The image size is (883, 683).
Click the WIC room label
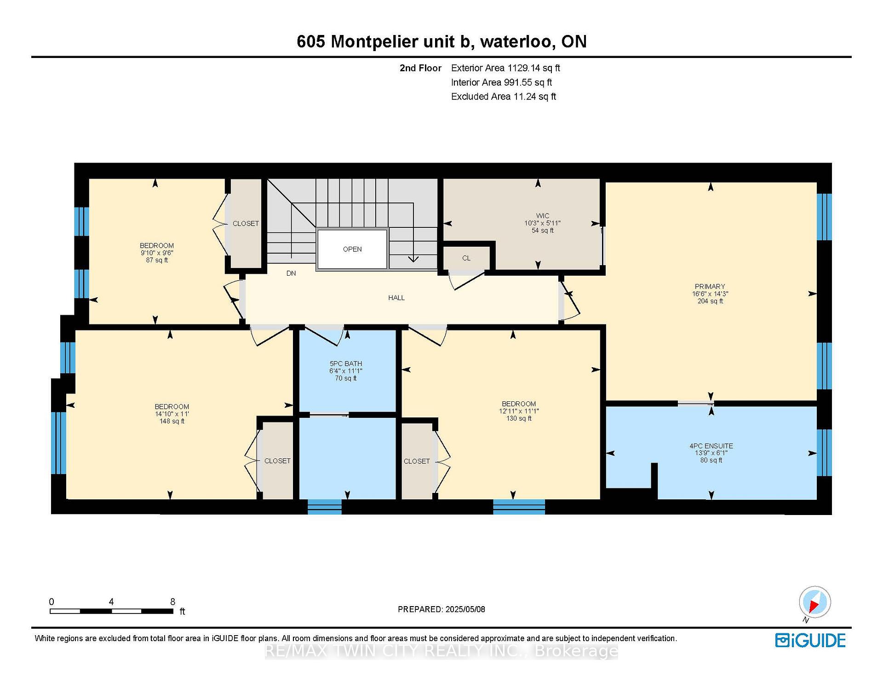pos(543,216)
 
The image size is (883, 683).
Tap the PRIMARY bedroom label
pos(710,286)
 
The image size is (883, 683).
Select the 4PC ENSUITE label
pos(711,446)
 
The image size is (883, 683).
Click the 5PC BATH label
pos(346,364)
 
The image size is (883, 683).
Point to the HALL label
pos(396,298)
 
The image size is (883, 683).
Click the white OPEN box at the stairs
pos(352,249)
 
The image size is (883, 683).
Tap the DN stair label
pos(291,273)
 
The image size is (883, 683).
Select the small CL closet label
pos(466,258)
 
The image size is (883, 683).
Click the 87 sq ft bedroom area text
pos(157,260)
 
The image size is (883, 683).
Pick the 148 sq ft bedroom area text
pos(172,421)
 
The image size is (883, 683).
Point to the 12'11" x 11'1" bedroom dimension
pos(519,411)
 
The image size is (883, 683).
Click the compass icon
pos(814,602)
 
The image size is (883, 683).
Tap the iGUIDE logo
pos(810,640)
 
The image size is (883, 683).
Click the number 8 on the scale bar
pos(172,602)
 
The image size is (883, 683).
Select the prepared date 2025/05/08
pos(465,609)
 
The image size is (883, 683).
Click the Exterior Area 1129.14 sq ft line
pos(505,68)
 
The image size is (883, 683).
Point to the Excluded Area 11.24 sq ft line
pos(504,97)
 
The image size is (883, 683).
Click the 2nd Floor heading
pos(420,68)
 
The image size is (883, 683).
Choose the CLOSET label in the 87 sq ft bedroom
pos(246,223)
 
